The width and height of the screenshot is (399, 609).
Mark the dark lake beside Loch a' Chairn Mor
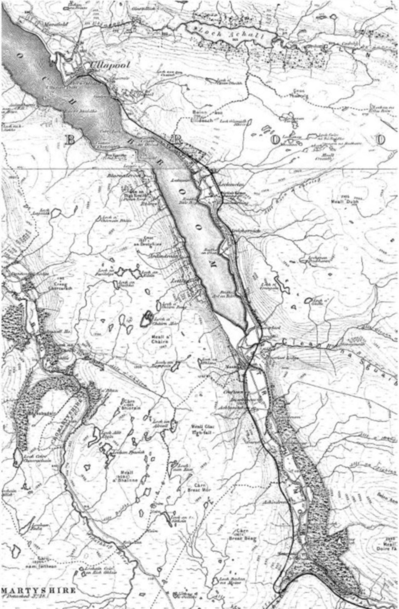click(146, 320)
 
